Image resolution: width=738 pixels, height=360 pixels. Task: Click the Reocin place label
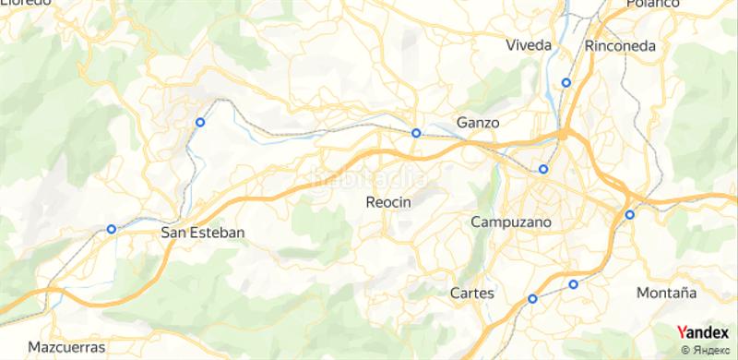(387, 202)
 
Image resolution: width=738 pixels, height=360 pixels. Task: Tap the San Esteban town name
(203, 233)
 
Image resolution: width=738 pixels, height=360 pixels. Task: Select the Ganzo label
(478, 122)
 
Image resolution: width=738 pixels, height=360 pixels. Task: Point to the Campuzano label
(510, 222)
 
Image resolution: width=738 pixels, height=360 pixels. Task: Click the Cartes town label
(471, 294)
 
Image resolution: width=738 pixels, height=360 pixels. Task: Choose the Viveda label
(529, 45)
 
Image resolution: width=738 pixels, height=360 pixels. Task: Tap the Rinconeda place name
(620, 45)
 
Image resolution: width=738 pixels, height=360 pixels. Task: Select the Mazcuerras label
(65, 347)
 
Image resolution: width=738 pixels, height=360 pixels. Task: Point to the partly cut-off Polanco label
(651, 5)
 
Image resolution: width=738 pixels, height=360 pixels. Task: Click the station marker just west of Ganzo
(416, 133)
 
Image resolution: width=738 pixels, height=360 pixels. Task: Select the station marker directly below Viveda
(566, 82)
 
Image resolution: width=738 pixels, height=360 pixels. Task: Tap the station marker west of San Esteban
(112, 229)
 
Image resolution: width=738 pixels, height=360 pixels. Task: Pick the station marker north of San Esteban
(199, 121)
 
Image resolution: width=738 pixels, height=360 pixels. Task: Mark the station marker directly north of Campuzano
(543, 168)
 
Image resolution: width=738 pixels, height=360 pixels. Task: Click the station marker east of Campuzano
(630, 215)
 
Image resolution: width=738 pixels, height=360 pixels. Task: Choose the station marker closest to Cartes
(532, 298)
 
